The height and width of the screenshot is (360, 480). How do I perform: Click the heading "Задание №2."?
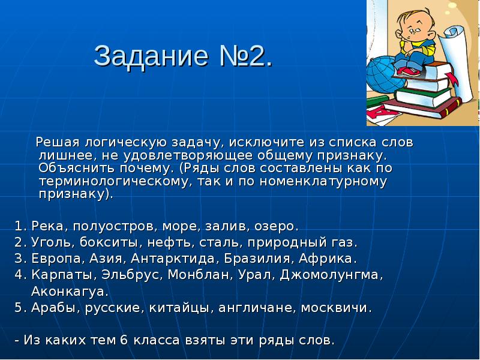tap(183, 56)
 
